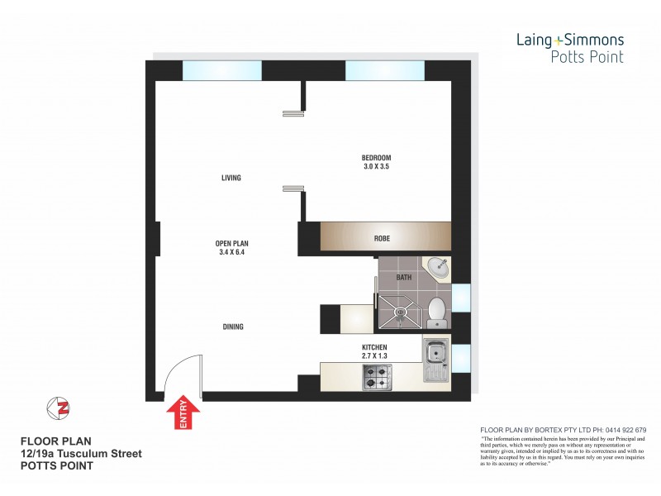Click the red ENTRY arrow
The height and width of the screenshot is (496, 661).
coord(183,413)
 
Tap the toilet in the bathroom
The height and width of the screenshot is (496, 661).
coord(437,310)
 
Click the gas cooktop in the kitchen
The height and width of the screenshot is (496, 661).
coord(378,376)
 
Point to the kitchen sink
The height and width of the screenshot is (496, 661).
coord(435,359)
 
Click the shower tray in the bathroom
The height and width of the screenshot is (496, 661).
coord(399,310)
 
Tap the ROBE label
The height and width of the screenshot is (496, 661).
coord(381,238)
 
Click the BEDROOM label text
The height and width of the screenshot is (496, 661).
coord(376,158)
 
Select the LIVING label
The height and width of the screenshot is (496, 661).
coord(231,178)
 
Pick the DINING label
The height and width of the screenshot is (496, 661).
coord(232,327)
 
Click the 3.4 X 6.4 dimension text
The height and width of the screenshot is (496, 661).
coord(232,252)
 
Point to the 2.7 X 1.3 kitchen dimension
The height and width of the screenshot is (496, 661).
coord(374,355)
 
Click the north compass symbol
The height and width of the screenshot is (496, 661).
coord(58,408)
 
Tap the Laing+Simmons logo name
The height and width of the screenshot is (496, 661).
coord(569,39)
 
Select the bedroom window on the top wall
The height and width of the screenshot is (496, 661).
coord(385,70)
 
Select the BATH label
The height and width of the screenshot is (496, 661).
coord(403,278)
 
